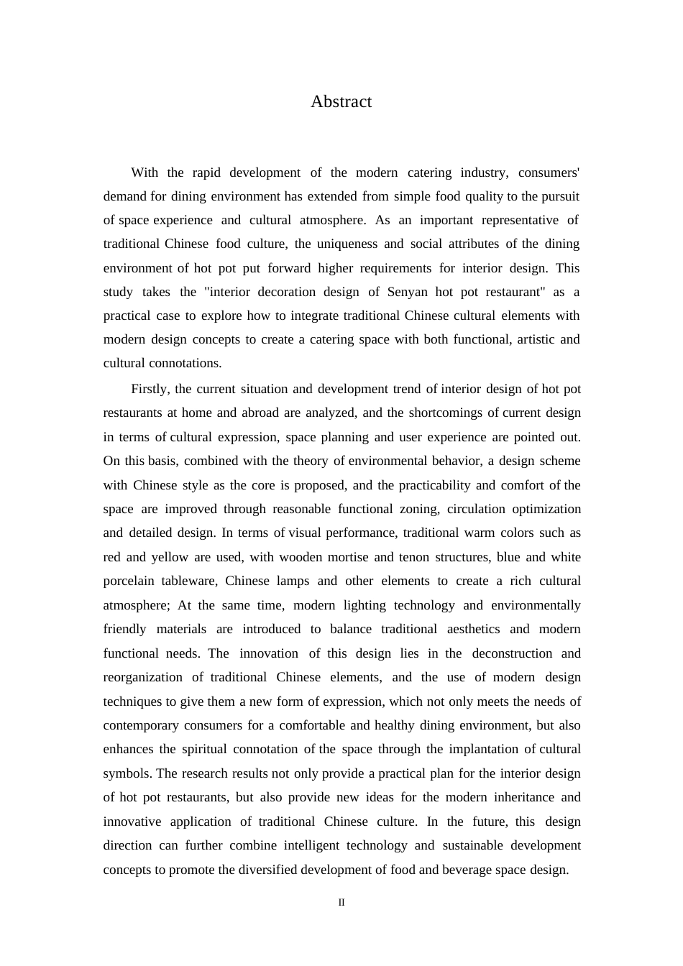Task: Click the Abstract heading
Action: pos(341,102)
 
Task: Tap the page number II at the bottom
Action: pos(341,903)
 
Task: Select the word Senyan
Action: pos(408,292)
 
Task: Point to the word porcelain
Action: pos(129,581)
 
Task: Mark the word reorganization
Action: pos(143,677)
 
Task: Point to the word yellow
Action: pos(170,557)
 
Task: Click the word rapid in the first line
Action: pos(206,172)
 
